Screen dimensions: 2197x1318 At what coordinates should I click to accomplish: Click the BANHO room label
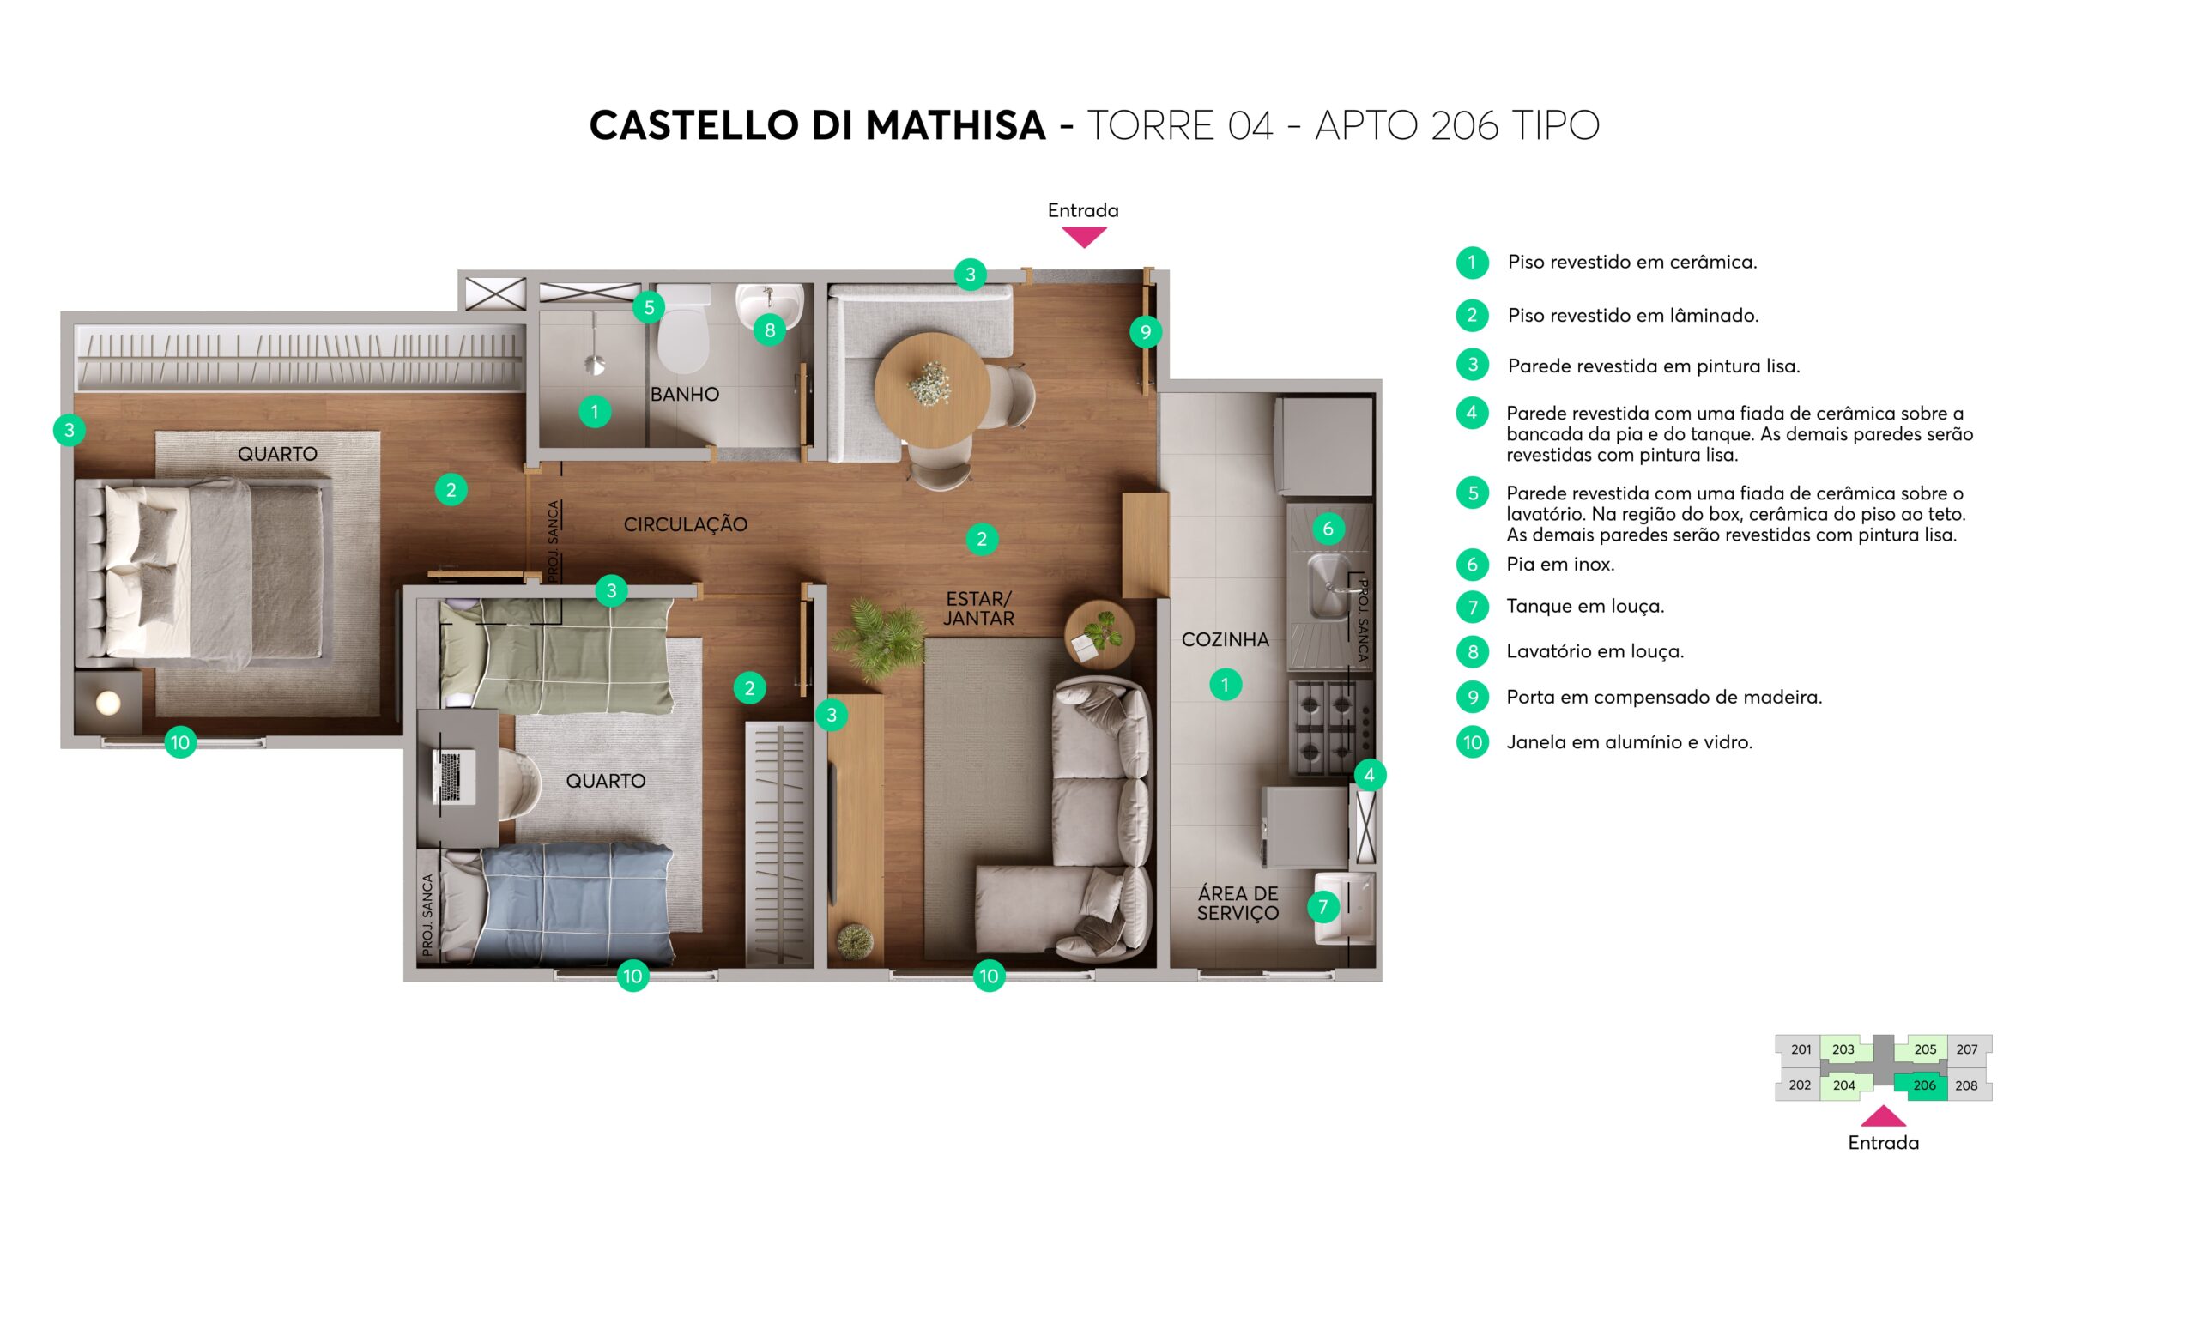pyautogui.click(x=685, y=395)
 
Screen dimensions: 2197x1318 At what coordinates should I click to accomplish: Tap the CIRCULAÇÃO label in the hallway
pyautogui.click(x=686, y=525)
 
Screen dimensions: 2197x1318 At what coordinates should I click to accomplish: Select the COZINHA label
pyautogui.click(x=1226, y=639)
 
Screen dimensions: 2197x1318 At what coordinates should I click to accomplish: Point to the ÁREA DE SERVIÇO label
pyautogui.click(x=1238, y=904)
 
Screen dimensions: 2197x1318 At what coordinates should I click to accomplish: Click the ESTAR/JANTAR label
pyautogui.click(x=978, y=608)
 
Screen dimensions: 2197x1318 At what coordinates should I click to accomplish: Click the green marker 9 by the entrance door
pyautogui.click(x=1146, y=332)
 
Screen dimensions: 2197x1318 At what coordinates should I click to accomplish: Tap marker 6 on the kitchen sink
pyautogui.click(x=1328, y=529)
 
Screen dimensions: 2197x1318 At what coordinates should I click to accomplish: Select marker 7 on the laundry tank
pyautogui.click(x=1323, y=907)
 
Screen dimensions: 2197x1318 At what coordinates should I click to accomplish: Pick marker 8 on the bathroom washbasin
pyautogui.click(x=770, y=330)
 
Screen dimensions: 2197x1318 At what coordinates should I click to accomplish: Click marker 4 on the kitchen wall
pyautogui.click(x=1370, y=776)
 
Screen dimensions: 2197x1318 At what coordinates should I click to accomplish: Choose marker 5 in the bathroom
pyautogui.click(x=649, y=307)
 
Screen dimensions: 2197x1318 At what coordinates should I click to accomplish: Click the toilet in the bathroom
pyautogui.click(x=682, y=329)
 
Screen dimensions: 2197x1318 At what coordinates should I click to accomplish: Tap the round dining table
pyautogui.click(x=932, y=390)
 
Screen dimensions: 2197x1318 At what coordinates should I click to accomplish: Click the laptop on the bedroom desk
pyautogui.click(x=452, y=777)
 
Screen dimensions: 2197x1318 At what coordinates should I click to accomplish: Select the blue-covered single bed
pyautogui.click(x=557, y=905)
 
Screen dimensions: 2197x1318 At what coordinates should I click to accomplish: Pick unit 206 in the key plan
pyautogui.click(x=1924, y=1086)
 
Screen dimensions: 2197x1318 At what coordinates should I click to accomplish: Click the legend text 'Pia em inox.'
pyautogui.click(x=1560, y=564)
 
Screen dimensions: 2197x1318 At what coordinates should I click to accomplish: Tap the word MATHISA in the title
pyautogui.click(x=955, y=125)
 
